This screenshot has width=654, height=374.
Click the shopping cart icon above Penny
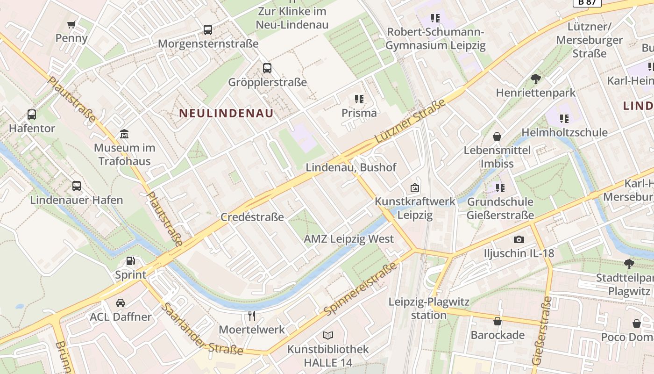click(x=71, y=24)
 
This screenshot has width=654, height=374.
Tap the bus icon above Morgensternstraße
click(x=208, y=30)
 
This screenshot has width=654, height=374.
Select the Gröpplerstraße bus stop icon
click(x=267, y=68)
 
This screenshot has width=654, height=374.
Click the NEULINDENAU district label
click(x=227, y=113)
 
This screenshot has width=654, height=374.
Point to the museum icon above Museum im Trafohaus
click(x=124, y=134)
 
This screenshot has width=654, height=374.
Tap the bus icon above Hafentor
click(x=32, y=115)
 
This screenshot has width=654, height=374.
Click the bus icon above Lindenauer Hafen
click(x=77, y=186)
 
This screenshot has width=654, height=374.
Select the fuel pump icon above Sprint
click(x=131, y=261)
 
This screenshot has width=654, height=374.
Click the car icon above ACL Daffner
click(x=121, y=303)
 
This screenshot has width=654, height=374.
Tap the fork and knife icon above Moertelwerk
click(x=252, y=316)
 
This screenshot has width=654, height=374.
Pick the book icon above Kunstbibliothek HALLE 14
click(x=328, y=335)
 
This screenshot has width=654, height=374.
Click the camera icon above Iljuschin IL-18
click(x=519, y=239)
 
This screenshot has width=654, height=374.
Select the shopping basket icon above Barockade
click(x=498, y=321)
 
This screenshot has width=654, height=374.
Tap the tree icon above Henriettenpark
click(x=536, y=79)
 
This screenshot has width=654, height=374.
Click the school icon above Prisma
click(x=359, y=99)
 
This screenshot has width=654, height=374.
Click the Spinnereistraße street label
click(x=362, y=288)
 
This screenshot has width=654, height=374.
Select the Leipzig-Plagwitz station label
click(x=429, y=309)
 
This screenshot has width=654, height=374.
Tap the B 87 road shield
click(x=586, y=2)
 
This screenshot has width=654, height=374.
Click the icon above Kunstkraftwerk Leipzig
click(x=414, y=187)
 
